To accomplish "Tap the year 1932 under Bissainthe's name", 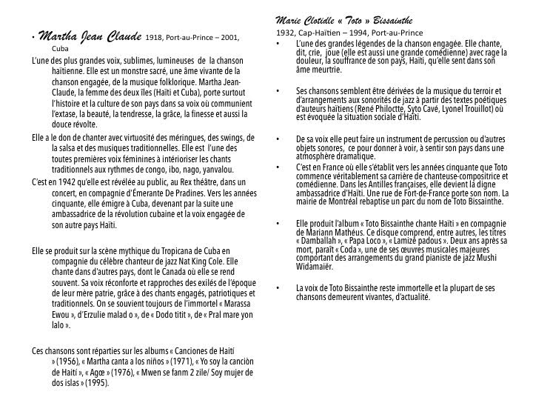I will pyautogui.click(x=284, y=33).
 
